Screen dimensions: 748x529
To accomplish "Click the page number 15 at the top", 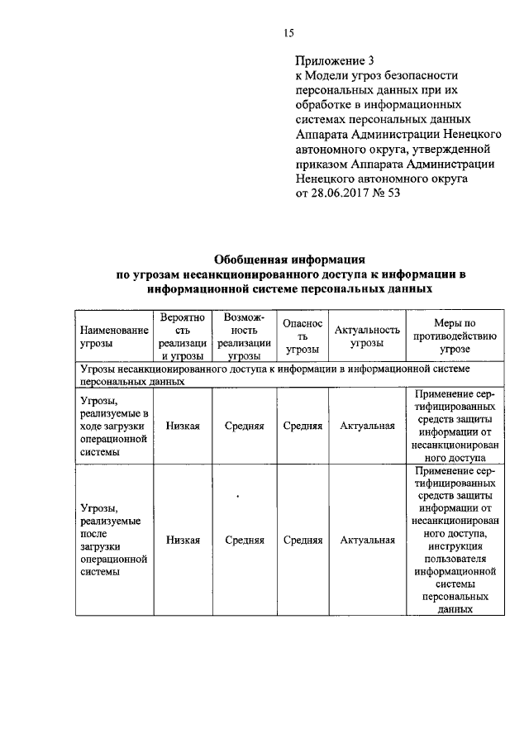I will [288, 33].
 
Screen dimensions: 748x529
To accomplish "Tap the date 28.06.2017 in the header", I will [342, 193].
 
